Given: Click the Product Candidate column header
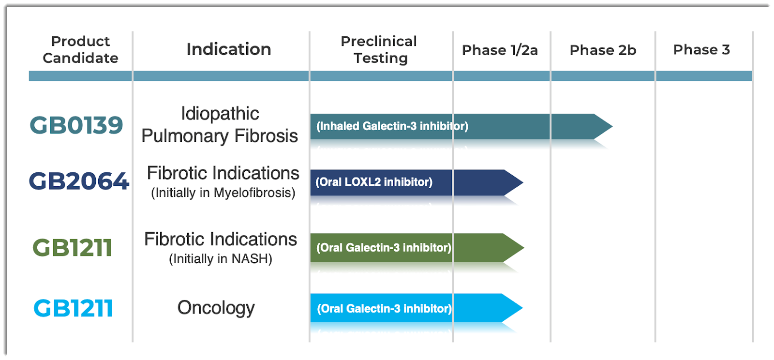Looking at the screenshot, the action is point(80,50).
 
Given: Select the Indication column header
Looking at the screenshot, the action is point(229,49).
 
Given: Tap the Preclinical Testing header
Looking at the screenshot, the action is point(379,50).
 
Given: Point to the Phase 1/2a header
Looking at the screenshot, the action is point(500,50).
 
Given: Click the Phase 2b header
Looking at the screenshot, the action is point(603,50).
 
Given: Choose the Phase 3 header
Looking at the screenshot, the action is point(702,50).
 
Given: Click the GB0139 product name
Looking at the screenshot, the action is point(76,125).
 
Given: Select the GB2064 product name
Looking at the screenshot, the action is point(79,181).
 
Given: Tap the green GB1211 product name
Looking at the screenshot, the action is point(72,247).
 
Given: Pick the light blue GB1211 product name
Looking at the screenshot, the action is point(73,308).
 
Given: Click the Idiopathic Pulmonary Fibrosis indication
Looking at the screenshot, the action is point(220,124).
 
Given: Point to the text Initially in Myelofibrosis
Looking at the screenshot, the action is point(223,193).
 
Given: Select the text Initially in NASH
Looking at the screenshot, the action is point(221,259).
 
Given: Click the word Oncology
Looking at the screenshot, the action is point(216,308).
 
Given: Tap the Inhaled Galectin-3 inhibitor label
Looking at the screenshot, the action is point(392,126).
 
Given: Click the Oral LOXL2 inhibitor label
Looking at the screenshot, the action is point(374,182).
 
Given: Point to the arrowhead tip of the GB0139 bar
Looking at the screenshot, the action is point(612,126).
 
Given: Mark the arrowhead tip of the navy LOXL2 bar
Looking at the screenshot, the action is point(523,182).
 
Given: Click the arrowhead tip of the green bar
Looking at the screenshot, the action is point(524,248).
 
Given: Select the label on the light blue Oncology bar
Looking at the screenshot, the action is point(384,309).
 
